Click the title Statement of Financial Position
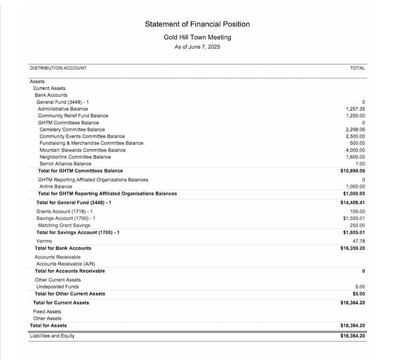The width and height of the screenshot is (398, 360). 197,24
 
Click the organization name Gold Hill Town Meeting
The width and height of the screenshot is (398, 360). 197,38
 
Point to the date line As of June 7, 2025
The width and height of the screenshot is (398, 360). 197,47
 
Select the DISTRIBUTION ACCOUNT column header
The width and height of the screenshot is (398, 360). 58,68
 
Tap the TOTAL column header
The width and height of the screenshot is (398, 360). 357,68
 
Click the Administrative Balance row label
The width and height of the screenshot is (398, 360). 63,109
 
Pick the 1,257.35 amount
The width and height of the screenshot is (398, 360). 356,109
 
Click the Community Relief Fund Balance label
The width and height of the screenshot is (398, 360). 73,116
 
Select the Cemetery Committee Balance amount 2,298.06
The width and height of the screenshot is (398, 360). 355,129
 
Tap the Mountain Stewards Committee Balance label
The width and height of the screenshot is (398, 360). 83,150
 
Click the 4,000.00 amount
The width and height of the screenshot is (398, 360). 356,150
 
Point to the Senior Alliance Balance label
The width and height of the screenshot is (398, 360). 66,164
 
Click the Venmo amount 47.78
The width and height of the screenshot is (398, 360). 359,241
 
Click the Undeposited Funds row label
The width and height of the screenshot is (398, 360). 58,287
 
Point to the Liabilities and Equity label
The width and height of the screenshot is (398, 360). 52,336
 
